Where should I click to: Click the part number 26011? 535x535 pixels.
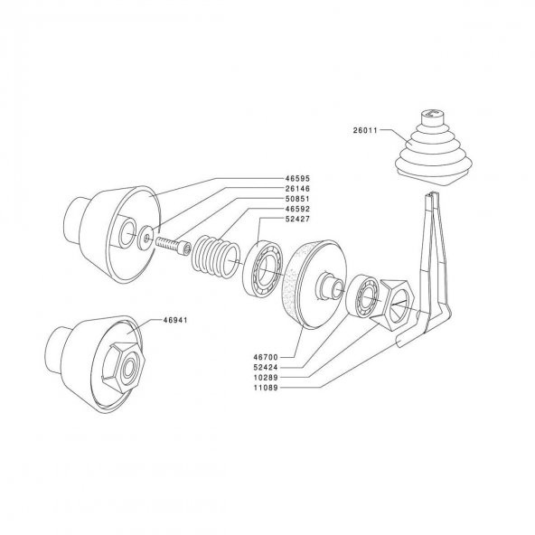pyautogui.click(x=365, y=130)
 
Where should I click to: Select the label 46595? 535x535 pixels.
pyautogui.click(x=297, y=178)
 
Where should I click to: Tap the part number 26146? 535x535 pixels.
pyautogui.click(x=297, y=189)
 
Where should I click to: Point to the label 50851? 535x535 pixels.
pyautogui.click(x=297, y=199)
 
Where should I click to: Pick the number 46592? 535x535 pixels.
pyautogui.click(x=297, y=209)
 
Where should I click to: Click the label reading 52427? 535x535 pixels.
pyautogui.click(x=297, y=219)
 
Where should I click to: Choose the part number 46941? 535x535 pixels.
pyautogui.click(x=175, y=321)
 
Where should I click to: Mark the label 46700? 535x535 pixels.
pyautogui.click(x=266, y=357)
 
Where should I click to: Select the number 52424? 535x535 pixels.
pyautogui.click(x=266, y=368)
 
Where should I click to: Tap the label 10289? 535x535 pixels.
pyautogui.click(x=266, y=378)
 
